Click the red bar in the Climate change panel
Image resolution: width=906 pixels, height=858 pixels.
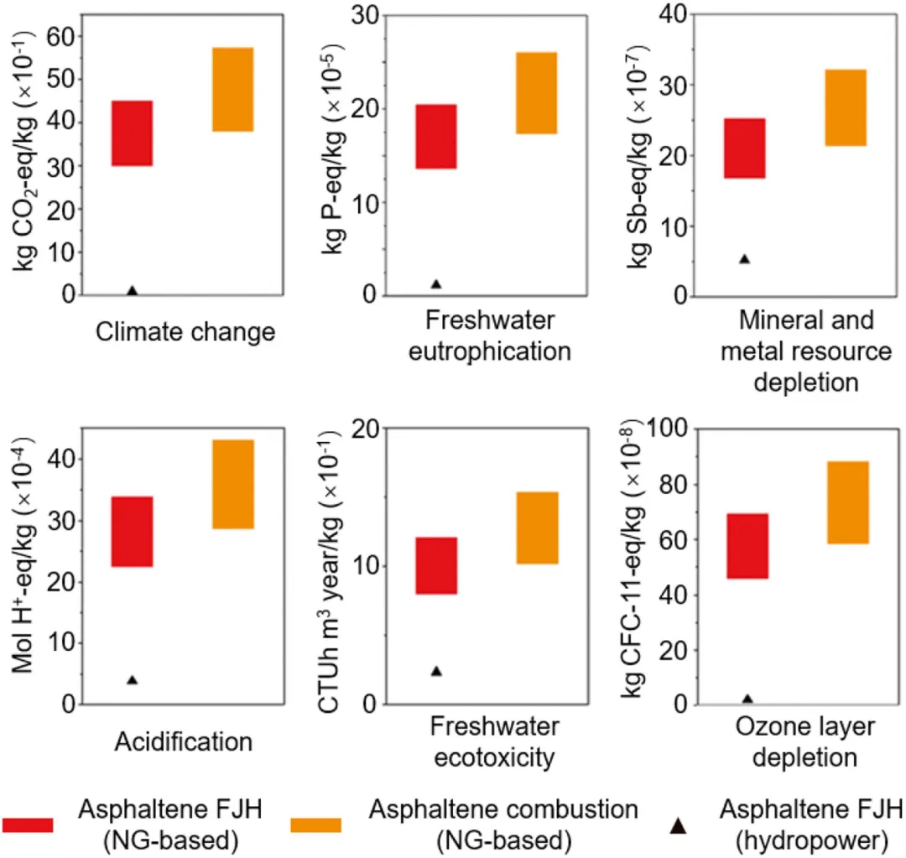tap(132, 133)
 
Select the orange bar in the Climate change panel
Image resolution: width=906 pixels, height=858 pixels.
tap(232, 90)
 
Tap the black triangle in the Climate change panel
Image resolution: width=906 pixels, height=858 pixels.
tap(132, 290)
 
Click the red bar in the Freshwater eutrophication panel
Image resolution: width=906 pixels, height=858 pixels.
tap(435, 137)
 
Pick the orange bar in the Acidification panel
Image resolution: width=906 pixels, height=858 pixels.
tap(232, 484)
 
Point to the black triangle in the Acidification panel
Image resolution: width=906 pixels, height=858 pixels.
tap(132, 679)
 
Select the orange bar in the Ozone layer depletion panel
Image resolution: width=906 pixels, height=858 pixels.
tap(847, 502)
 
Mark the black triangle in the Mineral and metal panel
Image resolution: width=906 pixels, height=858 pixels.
tap(744, 259)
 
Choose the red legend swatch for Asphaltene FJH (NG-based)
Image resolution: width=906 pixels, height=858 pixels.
tap(28, 825)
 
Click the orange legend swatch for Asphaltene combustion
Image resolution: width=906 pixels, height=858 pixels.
tap(315, 825)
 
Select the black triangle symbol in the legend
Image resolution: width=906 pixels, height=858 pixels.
tap(678, 826)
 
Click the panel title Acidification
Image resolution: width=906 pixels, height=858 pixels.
tap(183, 741)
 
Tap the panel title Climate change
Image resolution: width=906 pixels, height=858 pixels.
tap(185, 332)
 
